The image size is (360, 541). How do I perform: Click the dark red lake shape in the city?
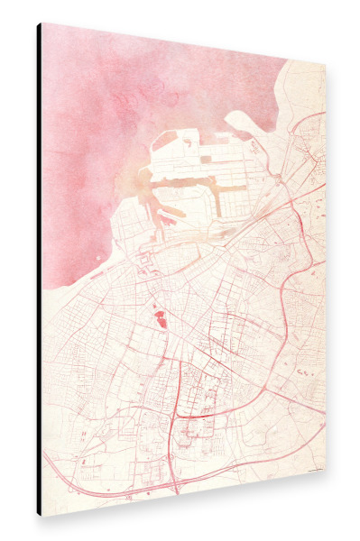[160, 317]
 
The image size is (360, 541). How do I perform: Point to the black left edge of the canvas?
[39, 270]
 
